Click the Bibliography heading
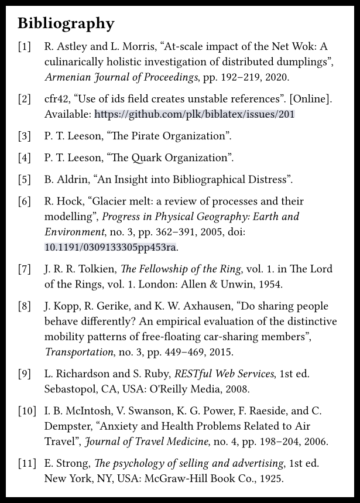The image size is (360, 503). click(66, 24)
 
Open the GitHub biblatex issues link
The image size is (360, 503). click(194, 114)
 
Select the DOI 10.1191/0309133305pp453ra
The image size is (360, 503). click(110, 247)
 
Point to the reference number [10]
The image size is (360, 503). click(27, 410)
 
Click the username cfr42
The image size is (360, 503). click(56, 99)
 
